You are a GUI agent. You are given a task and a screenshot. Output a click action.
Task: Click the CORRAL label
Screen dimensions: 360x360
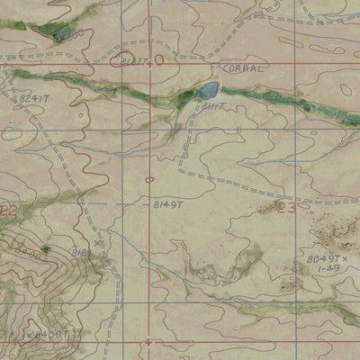pyautogui.click(x=241, y=67)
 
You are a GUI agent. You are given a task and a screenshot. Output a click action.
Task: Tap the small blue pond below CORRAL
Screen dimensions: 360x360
pyautogui.click(x=206, y=89)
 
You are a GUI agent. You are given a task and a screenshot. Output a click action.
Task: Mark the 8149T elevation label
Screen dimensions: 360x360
pyautogui.click(x=168, y=205)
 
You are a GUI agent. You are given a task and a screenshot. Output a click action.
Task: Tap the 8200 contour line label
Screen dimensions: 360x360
pyautogui.click(x=72, y=34)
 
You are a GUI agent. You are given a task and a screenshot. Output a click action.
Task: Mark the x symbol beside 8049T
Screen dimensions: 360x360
pyautogui.click(x=346, y=257)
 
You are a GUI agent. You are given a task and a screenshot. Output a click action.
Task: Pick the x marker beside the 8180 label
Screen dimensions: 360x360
pyautogui.click(x=97, y=243)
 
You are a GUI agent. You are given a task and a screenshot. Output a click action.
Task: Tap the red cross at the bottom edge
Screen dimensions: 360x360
pyautogui.click(x=149, y=342)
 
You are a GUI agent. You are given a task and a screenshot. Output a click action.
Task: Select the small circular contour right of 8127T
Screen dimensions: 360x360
pyautogui.click(x=159, y=60)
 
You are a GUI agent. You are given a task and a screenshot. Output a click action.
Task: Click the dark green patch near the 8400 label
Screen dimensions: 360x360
pyautogui.click(x=45, y=247)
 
